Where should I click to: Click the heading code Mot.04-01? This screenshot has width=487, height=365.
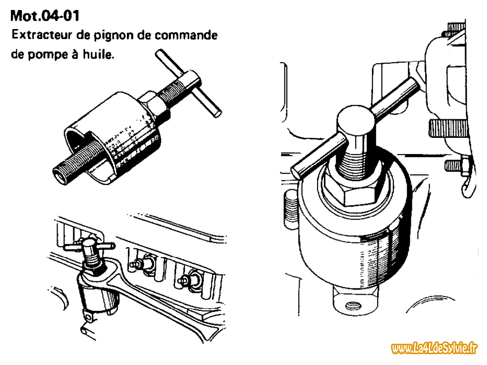click(45, 16)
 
